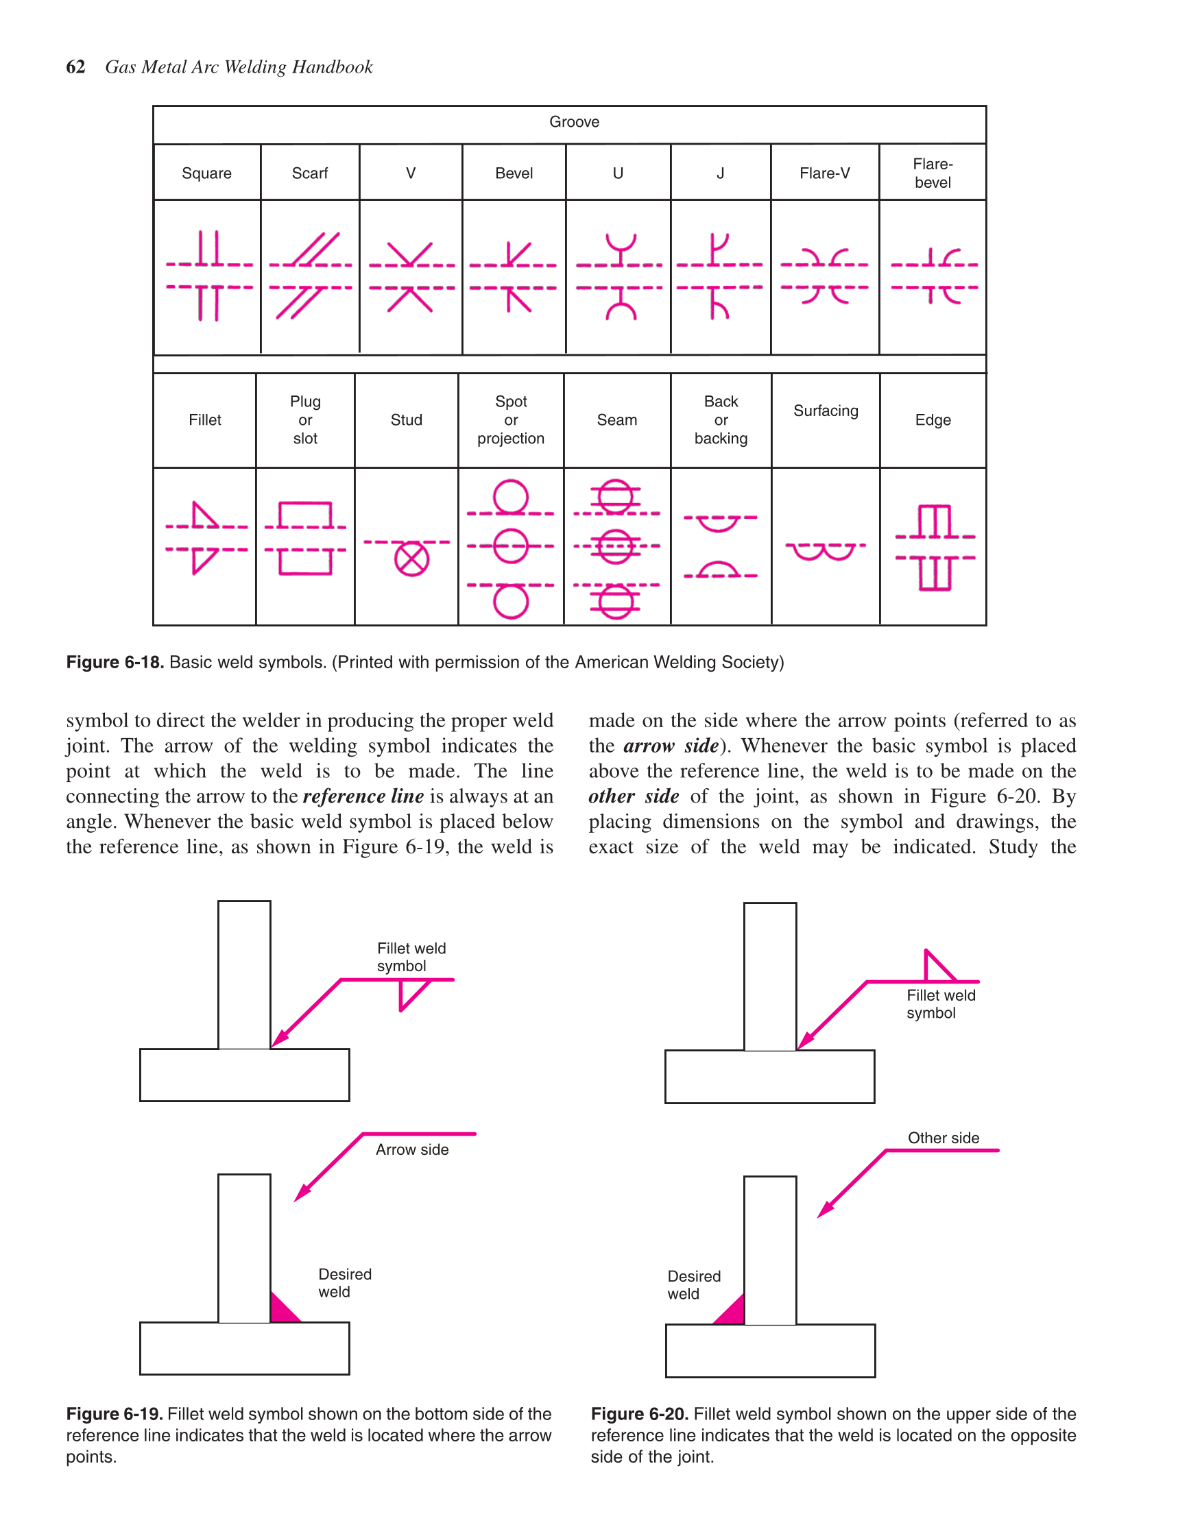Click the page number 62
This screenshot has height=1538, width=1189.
75,67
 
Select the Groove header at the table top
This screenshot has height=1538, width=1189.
574,122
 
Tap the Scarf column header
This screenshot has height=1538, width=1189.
310,173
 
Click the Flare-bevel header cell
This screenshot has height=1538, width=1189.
933,173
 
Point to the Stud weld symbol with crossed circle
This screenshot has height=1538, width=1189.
411,559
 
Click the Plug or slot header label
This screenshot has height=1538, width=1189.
305,419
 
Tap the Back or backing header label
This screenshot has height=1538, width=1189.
721,419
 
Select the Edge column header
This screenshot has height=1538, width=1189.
933,419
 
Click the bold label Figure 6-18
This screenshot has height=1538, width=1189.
115,662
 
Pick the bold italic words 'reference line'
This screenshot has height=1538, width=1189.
363,796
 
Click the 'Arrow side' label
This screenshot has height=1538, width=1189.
412,1149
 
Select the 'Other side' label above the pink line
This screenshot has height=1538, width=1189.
943,1137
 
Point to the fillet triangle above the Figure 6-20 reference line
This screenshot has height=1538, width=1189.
936,968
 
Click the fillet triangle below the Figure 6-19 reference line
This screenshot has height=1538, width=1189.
410,993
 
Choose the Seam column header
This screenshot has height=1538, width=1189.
617,419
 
